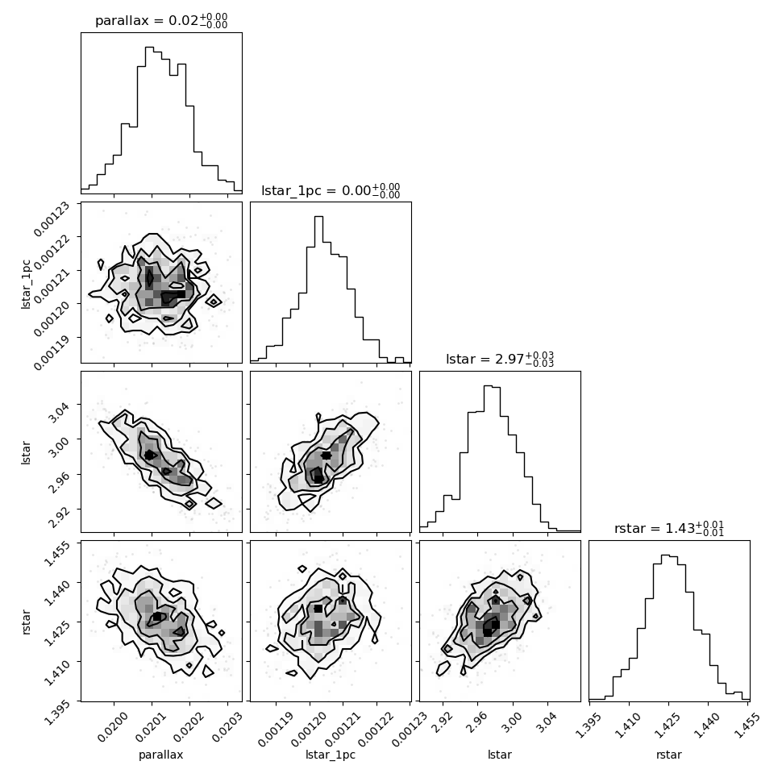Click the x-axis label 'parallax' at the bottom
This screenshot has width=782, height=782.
[161, 755]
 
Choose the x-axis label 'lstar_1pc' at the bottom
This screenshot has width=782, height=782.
[331, 755]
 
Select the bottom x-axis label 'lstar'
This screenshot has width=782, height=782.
[500, 755]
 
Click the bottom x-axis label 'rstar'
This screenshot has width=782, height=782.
[669, 755]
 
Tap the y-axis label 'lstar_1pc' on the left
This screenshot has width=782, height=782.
[26, 284]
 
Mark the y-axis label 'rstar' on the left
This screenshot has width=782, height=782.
[26, 622]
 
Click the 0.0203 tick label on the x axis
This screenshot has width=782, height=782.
[227, 727]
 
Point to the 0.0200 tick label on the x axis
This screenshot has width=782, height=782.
[113, 727]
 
